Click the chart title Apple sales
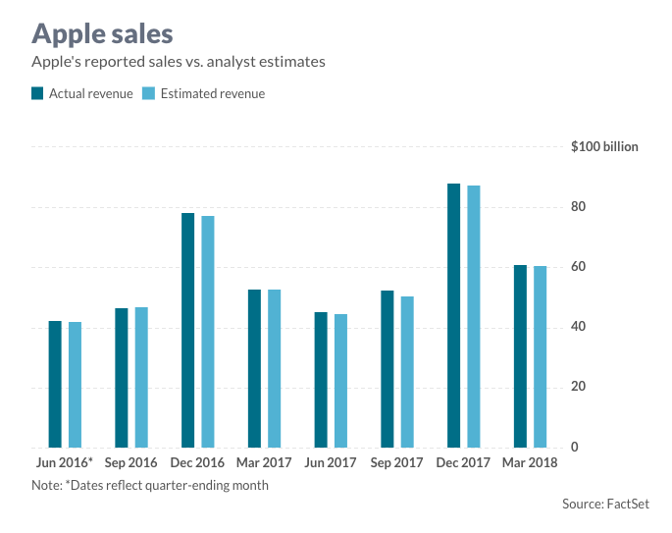coord(102,33)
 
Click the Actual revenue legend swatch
coord(38,94)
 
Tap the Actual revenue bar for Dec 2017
coord(453,315)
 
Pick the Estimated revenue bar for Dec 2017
coord(474,316)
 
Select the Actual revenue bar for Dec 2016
coord(188,330)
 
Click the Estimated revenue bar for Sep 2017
coord(407,372)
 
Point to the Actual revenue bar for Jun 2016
coord(55,384)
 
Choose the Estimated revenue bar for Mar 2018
coord(540,356)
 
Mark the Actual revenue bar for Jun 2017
coord(321,380)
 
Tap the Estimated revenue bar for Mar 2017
coord(275,368)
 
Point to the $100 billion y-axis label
coord(604,147)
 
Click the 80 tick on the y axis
coord(579,207)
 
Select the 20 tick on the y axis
coord(579,387)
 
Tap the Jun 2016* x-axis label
coord(65,462)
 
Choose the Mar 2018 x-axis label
coord(530,462)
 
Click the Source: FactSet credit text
coord(605,504)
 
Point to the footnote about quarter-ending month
coord(150,485)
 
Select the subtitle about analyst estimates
coord(179,62)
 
